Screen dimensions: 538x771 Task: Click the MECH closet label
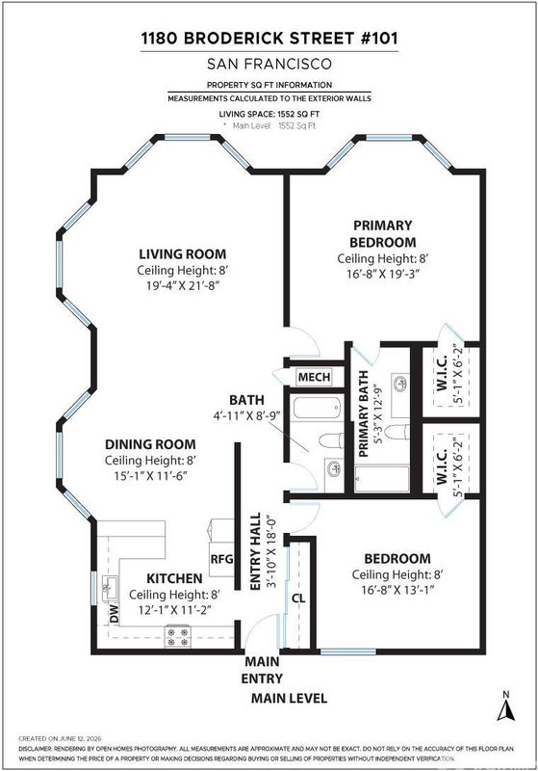(314, 377)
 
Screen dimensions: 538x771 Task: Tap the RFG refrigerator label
(221, 559)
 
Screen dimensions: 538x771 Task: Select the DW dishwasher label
(114, 614)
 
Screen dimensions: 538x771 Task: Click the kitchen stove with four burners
(178, 636)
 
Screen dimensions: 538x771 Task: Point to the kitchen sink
(109, 589)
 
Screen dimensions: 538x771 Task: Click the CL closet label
(298, 598)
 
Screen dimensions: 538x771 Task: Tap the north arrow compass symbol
(506, 706)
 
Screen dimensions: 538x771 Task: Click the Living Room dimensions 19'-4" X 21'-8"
(182, 285)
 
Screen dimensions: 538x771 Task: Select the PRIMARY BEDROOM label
(383, 233)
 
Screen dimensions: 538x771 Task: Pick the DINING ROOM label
(150, 444)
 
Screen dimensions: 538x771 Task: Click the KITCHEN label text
(174, 578)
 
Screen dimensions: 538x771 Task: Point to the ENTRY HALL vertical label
(256, 551)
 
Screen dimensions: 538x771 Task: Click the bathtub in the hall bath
(317, 408)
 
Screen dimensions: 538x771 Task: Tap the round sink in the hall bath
(334, 468)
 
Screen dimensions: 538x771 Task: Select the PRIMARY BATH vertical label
(363, 414)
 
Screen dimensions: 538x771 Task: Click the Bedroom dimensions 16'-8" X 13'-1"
(398, 590)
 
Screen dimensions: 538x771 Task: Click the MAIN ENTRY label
(262, 670)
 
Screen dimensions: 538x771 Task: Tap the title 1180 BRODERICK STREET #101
(269, 39)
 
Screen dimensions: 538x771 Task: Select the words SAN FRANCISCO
(269, 64)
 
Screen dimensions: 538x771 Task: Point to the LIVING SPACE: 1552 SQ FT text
(269, 114)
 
